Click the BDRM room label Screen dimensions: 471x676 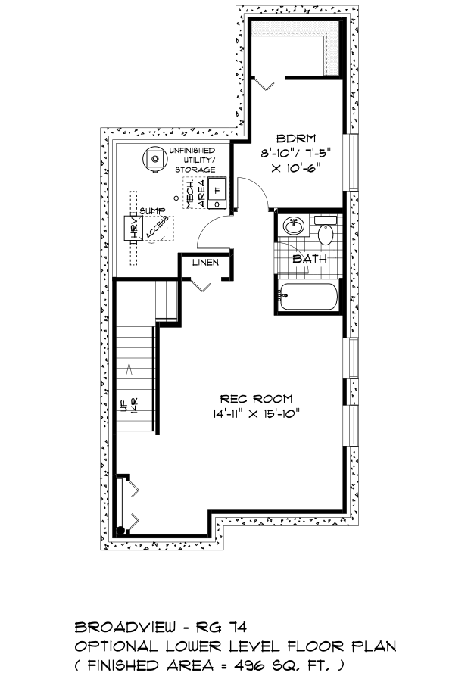tap(296, 139)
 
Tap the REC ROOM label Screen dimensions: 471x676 tap(256, 399)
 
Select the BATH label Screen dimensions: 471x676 tap(310, 259)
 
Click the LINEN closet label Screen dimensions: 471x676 tap(205, 262)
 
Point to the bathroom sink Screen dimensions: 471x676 tap(294, 226)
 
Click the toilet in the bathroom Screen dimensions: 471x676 tap(325, 231)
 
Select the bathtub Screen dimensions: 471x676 tap(308, 297)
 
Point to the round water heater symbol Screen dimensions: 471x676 tap(154, 158)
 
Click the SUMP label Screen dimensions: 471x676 tap(153, 211)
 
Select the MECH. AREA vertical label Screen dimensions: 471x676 tap(195, 193)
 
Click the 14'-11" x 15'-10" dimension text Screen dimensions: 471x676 tap(256, 414)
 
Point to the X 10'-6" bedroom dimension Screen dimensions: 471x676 tap(298, 168)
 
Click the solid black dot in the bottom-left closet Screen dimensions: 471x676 tap(120, 531)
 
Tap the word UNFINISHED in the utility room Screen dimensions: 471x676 tap(192, 151)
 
